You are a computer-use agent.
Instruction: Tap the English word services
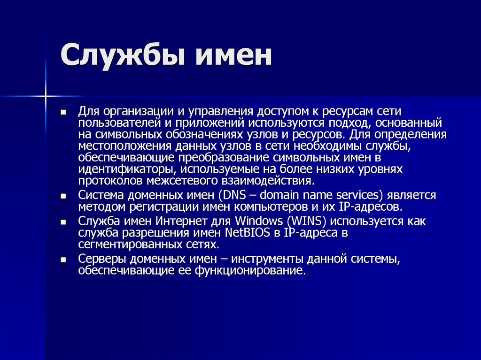[x=358, y=195]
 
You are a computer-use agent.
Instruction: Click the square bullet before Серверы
[x=63, y=259]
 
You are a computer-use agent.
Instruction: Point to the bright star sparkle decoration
[x=46, y=96]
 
